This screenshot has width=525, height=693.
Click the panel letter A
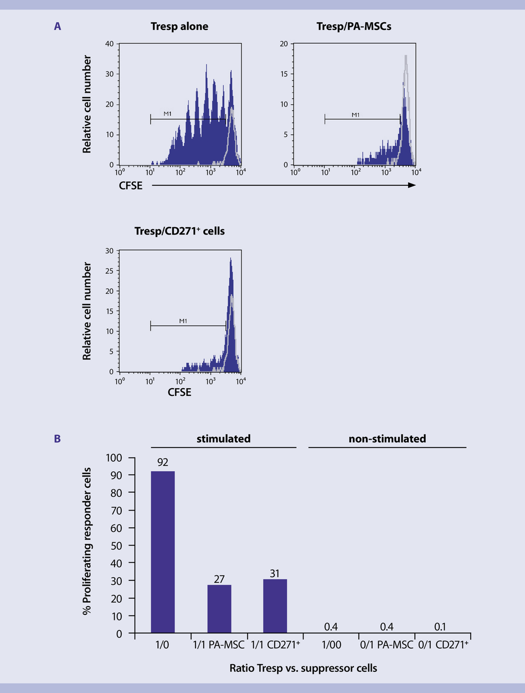[x=57, y=26]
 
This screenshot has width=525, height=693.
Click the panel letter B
[x=57, y=439]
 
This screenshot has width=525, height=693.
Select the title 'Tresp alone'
[x=182, y=26]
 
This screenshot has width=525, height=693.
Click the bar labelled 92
[x=163, y=552]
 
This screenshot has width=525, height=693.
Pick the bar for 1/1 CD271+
[x=275, y=606]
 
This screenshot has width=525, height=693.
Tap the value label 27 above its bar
[x=219, y=578]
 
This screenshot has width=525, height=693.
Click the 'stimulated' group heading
[x=224, y=439]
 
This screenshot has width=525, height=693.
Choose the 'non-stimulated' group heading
[x=387, y=439]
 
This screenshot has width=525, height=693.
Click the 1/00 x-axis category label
[x=331, y=645]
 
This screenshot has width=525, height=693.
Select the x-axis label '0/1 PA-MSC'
[x=387, y=645]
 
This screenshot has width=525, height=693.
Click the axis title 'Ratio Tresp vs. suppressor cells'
[x=303, y=668]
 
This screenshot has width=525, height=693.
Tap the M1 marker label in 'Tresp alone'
[x=168, y=114]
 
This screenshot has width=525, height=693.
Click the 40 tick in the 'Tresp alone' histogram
[x=109, y=44]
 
